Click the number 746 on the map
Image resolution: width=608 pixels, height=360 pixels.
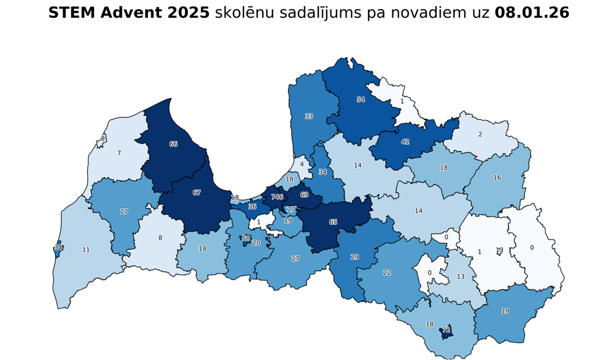click(277, 197)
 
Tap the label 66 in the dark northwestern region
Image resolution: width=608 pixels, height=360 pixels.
click(174, 144)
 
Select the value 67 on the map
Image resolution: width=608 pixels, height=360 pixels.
click(197, 193)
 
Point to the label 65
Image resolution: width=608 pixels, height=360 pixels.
click(333, 222)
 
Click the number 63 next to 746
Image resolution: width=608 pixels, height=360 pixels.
click(304, 195)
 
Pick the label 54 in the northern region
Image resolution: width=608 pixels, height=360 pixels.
click(361, 100)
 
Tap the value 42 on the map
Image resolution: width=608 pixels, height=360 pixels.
click(406, 142)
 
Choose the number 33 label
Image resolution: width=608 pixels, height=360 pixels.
click(309, 117)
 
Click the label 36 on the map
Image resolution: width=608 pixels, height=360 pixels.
click(253, 207)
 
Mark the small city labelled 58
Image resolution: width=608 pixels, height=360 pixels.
click(246, 239)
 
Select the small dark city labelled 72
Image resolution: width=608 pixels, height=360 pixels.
click(446, 330)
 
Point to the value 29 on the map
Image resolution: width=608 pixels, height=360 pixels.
click(355, 257)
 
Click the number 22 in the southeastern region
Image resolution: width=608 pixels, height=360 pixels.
click(387, 273)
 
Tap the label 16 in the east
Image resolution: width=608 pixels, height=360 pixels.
click(497, 178)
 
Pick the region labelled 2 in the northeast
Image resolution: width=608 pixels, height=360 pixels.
click(480, 134)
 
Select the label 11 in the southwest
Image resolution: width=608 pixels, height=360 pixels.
click(86, 250)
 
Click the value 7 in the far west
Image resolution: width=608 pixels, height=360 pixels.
click(119, 153)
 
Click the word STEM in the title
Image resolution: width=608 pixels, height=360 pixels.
click(69, 13)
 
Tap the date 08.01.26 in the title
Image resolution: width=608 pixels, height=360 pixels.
click(532, 13)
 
